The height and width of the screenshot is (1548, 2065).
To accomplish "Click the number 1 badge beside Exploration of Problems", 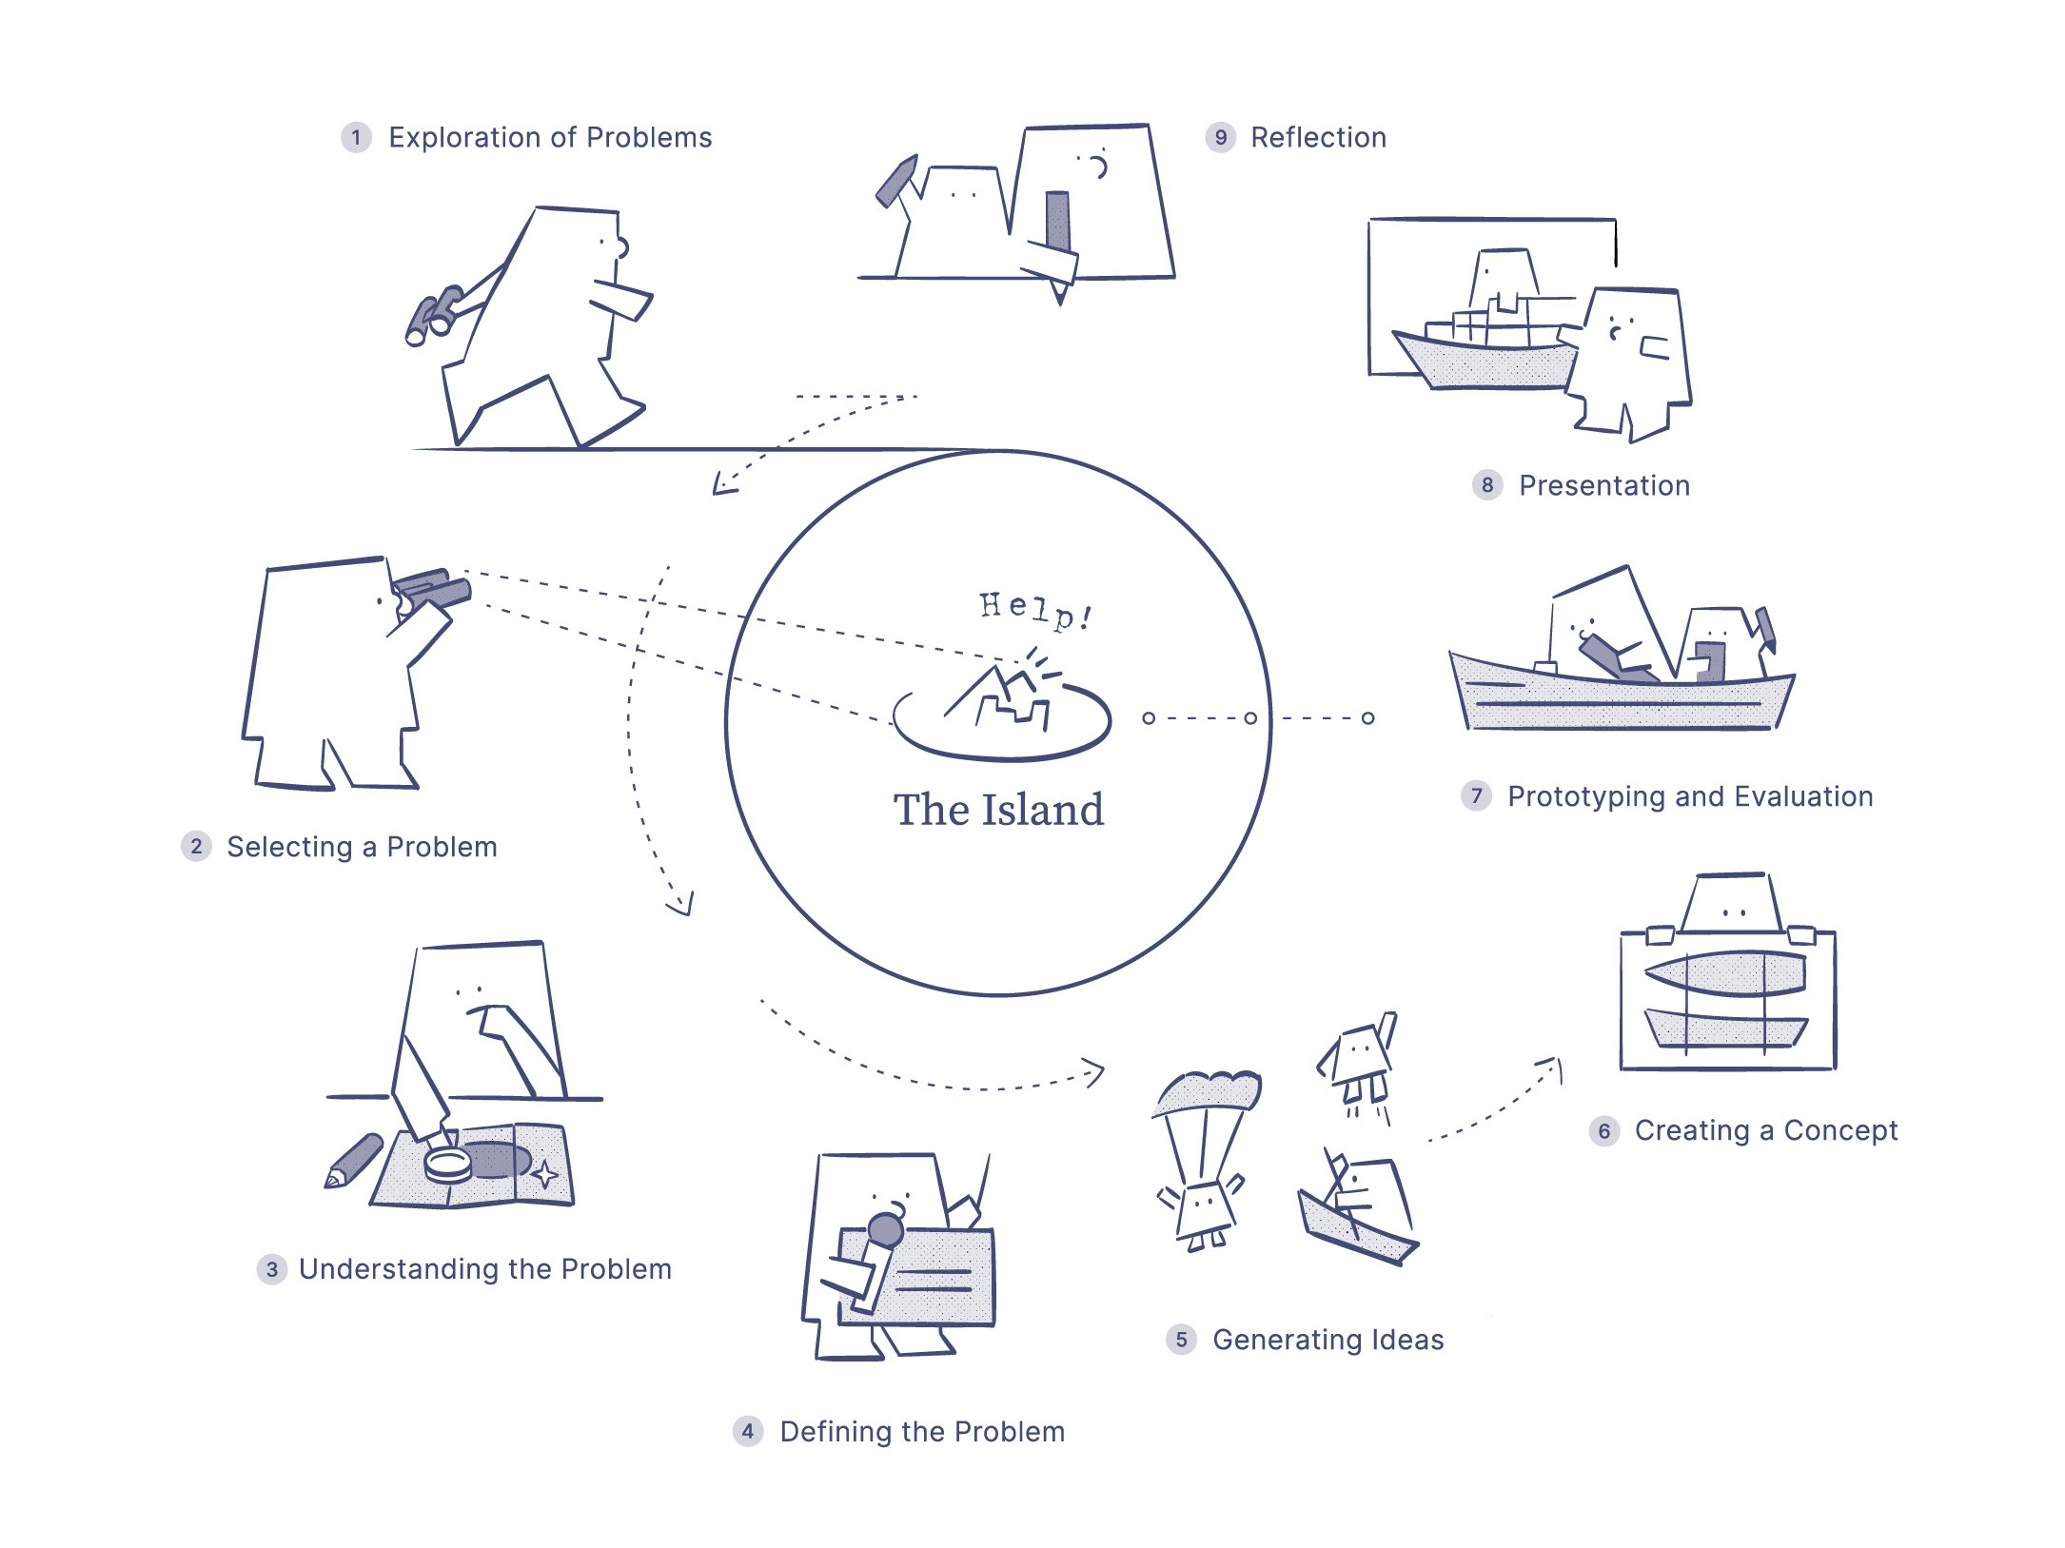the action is (x=356, y=138).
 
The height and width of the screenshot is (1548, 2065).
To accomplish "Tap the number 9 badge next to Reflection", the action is (x=1220, y=138).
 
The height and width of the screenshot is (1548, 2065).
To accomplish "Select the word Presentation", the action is (x=1603, y=486).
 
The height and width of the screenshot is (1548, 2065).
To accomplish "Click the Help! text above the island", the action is (x=1035, y=610).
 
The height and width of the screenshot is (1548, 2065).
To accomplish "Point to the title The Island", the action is (x=998, y=811).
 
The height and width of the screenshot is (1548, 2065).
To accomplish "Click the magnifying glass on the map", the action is (x=447, y=1164).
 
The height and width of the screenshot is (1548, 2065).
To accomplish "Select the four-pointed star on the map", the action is (x=544, y=1174).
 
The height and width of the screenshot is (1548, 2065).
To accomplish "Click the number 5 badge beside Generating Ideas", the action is (x=1181, y=1340).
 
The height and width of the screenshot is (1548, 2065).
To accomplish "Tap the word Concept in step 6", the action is (x=1840, y=1130).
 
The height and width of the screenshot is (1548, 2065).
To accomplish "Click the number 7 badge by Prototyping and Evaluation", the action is (x=1476, y=796).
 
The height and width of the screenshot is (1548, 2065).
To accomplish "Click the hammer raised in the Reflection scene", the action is (x=896, y=181).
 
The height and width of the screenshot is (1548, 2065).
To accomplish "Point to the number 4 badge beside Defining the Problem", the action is (x=748, y=1432).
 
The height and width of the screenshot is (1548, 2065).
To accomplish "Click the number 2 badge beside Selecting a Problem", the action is (x=196, y=847).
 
